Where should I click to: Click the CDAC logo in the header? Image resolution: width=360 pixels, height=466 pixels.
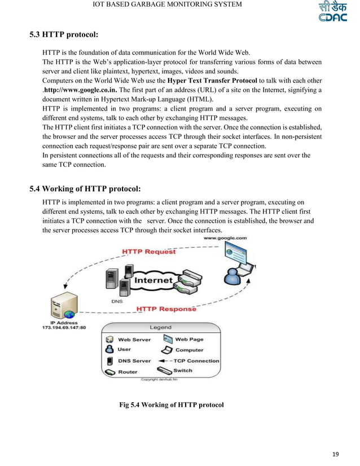click(329, 12)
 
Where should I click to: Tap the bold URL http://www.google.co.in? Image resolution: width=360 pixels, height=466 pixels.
click(81, 90)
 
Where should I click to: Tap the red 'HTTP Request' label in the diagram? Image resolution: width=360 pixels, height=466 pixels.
click(150, 252)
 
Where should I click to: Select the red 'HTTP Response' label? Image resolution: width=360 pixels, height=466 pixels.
click(168, 309)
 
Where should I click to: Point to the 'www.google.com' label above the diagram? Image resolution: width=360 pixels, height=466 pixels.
click(225, 238)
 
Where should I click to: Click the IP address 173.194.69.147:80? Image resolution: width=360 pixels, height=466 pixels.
click(64, 328)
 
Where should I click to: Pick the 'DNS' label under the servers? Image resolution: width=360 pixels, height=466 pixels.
click(117, 301)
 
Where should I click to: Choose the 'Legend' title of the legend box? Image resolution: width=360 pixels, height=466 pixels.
click(161, 327)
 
